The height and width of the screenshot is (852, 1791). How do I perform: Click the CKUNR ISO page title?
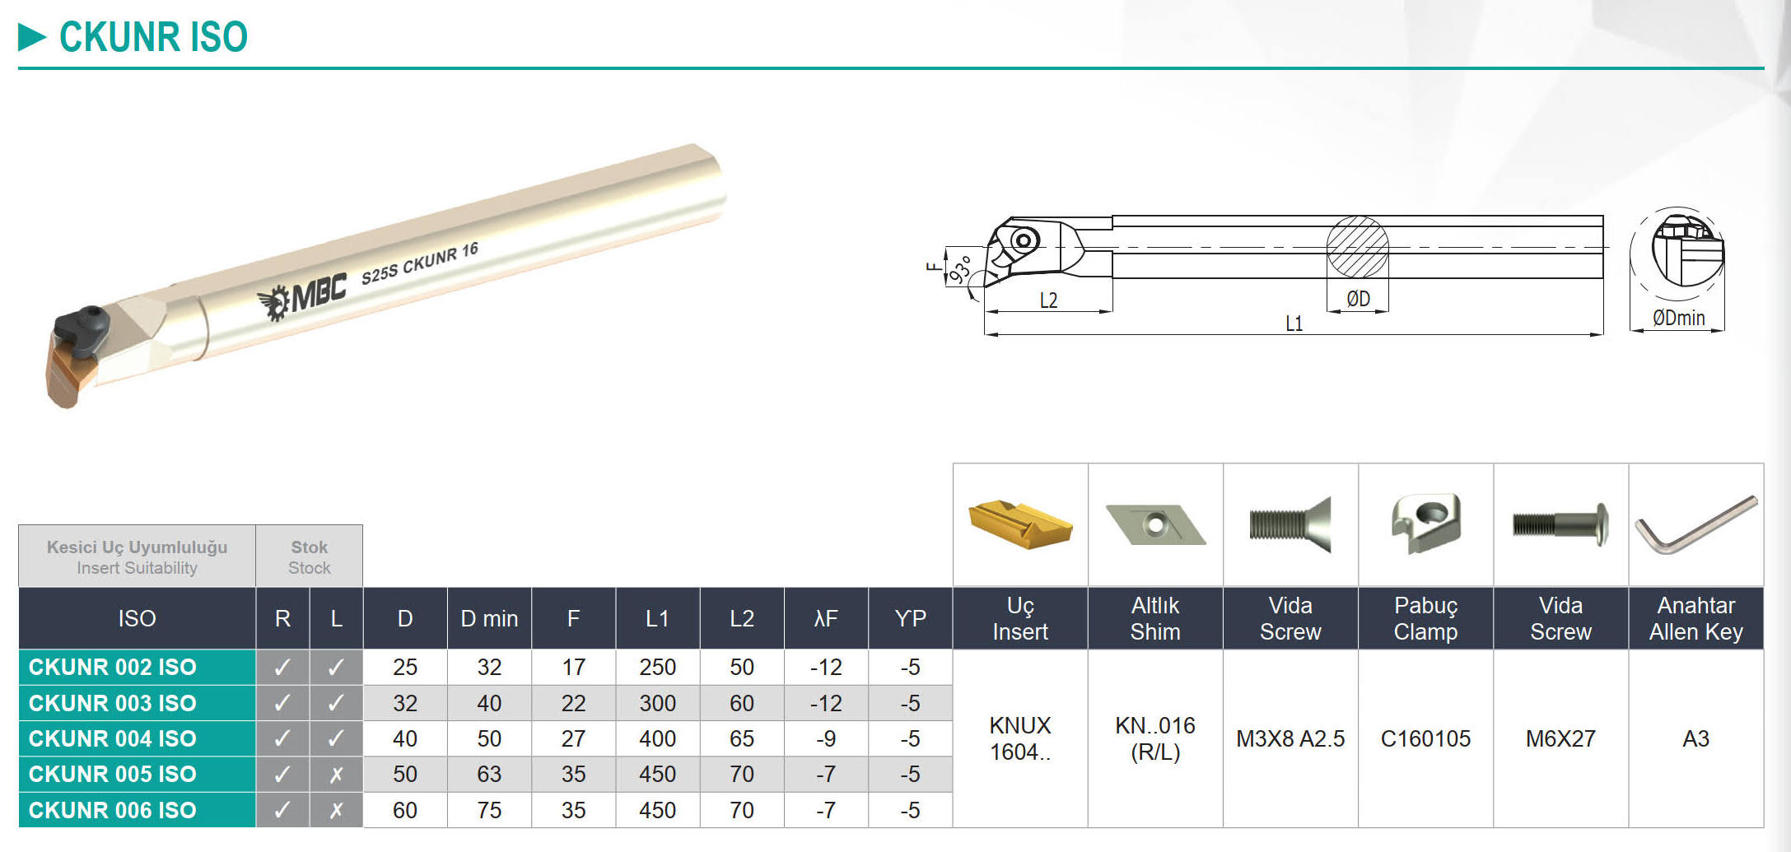click(153, 37)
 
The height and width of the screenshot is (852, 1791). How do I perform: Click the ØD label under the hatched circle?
click(1358, 299)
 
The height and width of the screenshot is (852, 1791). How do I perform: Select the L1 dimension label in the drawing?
click(1294, 324)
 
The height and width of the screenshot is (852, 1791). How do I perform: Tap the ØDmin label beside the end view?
click(1678, 318)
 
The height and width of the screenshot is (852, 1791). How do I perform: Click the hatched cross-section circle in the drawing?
click(1357, 247)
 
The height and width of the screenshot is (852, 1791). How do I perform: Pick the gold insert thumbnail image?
click(1020, 524)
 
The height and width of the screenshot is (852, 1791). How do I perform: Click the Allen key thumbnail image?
click(1696, 524)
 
